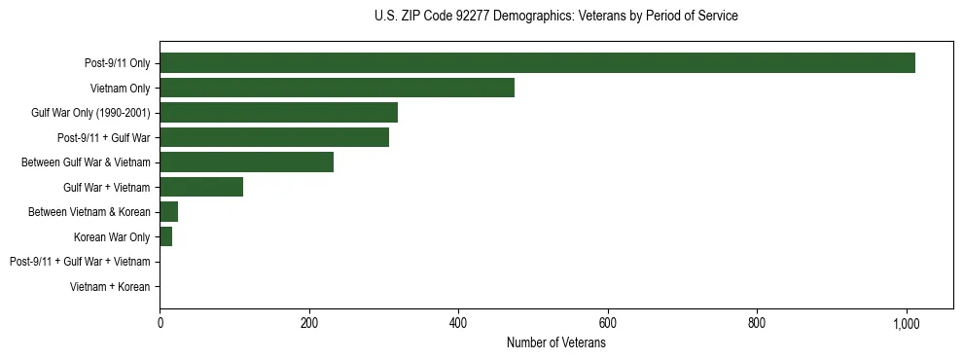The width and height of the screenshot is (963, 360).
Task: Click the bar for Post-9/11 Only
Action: pyautogui.click(x=537, y=63)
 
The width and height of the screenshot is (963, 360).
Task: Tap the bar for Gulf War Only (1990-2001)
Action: pyautogui.click(x=278, y=113)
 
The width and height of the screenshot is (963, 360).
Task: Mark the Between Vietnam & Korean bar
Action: pyautogui.click(x=168, y=212)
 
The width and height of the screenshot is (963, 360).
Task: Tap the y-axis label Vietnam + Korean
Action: pyautogui.click(x=110, y=287)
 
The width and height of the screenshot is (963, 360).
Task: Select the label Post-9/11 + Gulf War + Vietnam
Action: pyautogui.click(x=80, y=262)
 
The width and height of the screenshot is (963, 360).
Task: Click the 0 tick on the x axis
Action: pyautogui.click(x=160, y=323)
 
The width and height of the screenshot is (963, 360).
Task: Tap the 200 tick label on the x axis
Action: pyautogui.click(x=309, y=323)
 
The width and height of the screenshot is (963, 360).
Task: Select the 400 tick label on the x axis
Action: pyautogui.click(x=458, y=323)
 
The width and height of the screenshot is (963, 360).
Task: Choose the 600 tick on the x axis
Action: pyautogui.click(x=608, y=323)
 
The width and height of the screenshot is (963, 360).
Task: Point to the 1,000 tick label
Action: pyautogui.click(x=907, y=323)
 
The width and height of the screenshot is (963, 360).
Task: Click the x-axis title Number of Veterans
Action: pyautogui.click(x=555, y=343)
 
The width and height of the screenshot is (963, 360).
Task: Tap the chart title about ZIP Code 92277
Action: pyautogui.click(x=555, y=17)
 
